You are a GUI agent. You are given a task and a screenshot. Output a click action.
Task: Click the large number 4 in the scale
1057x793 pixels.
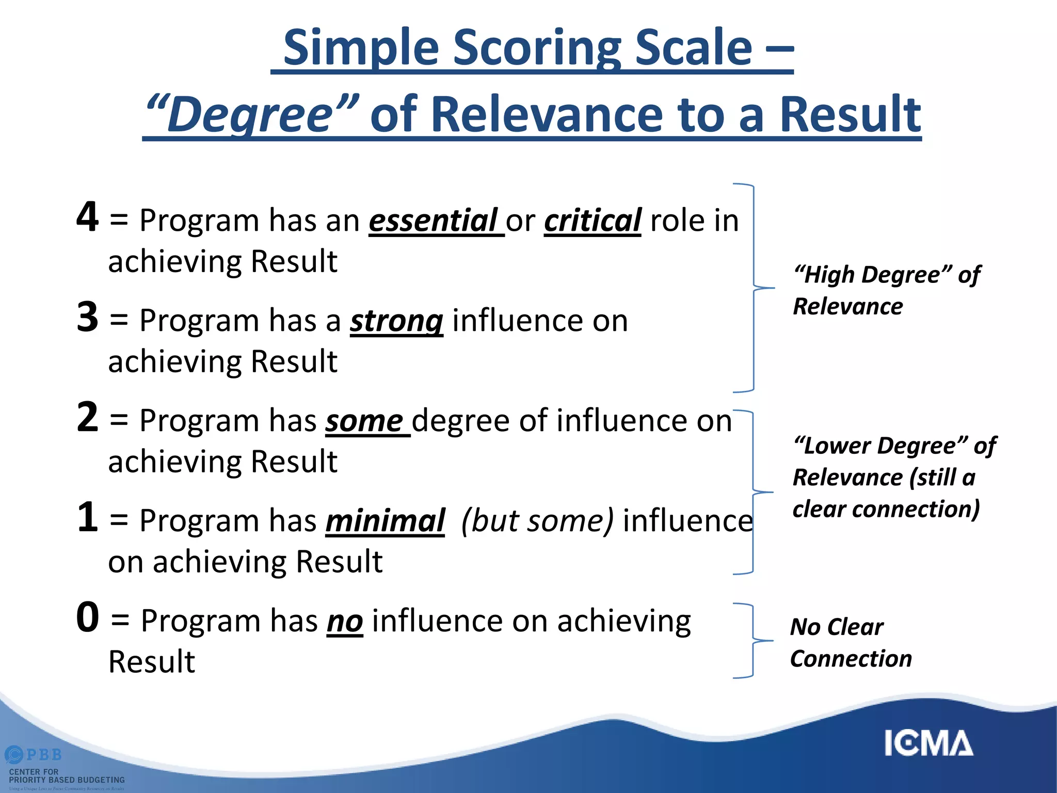pos(87,217)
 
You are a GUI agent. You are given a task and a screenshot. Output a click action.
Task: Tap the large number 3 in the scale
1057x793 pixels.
pos(87,317)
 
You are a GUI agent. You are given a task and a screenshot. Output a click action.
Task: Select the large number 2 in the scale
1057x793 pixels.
pos(87,417)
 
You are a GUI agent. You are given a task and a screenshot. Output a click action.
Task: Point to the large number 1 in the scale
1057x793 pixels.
pos(87,517)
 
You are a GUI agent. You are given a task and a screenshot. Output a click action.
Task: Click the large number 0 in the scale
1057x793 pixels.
pos(88,617)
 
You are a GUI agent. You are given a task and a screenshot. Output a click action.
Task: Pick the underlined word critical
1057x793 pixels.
pos(592,221)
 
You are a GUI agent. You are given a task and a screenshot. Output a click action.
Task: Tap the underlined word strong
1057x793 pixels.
pos(396,321)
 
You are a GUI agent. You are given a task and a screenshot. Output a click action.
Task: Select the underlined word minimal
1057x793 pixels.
pos(385,521)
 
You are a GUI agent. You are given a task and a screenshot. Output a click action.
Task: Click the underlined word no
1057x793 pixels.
pos(345,621)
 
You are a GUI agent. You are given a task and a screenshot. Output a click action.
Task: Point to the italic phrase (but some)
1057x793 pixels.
pos(537,521)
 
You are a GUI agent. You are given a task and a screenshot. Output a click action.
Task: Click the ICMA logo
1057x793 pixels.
pos(928,743)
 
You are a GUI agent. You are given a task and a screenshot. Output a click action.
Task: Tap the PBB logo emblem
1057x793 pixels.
pos(14,755)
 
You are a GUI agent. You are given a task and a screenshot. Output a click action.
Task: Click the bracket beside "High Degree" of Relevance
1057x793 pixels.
pos(754,288)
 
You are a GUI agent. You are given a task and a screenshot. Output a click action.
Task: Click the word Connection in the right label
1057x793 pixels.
pos(851,659)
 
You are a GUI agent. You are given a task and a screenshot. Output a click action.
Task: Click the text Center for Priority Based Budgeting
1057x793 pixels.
pos(67,776)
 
